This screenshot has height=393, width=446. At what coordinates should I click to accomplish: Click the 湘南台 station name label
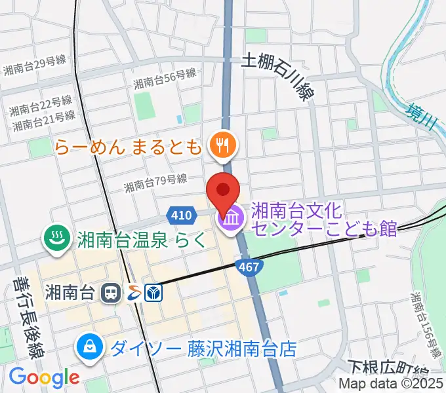coord(71,292)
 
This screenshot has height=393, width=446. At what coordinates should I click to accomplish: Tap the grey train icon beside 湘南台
coord(111,293)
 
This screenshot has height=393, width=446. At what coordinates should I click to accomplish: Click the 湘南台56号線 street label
coord(165,80)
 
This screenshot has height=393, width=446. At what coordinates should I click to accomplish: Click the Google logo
coord(44,377)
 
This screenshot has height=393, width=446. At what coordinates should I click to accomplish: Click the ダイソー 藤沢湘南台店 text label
coord(203,347)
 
